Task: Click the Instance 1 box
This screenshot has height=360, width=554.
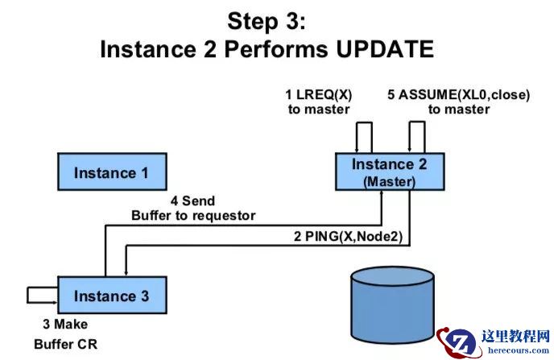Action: coord(111,172)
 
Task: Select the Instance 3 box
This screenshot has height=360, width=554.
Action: coord(111,296)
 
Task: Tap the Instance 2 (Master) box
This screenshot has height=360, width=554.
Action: coord(389,172)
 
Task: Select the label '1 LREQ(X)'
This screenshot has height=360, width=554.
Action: coord(319,95)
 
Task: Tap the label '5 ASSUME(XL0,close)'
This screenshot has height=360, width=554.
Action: coord(458,95)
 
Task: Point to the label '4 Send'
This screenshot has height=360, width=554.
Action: coord(192,201)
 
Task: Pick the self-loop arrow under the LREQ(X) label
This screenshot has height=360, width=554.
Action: coord(364,134)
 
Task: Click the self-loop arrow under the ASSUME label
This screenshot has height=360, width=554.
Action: coord(416,134)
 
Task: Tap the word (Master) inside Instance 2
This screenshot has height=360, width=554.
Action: coord(389,182)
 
